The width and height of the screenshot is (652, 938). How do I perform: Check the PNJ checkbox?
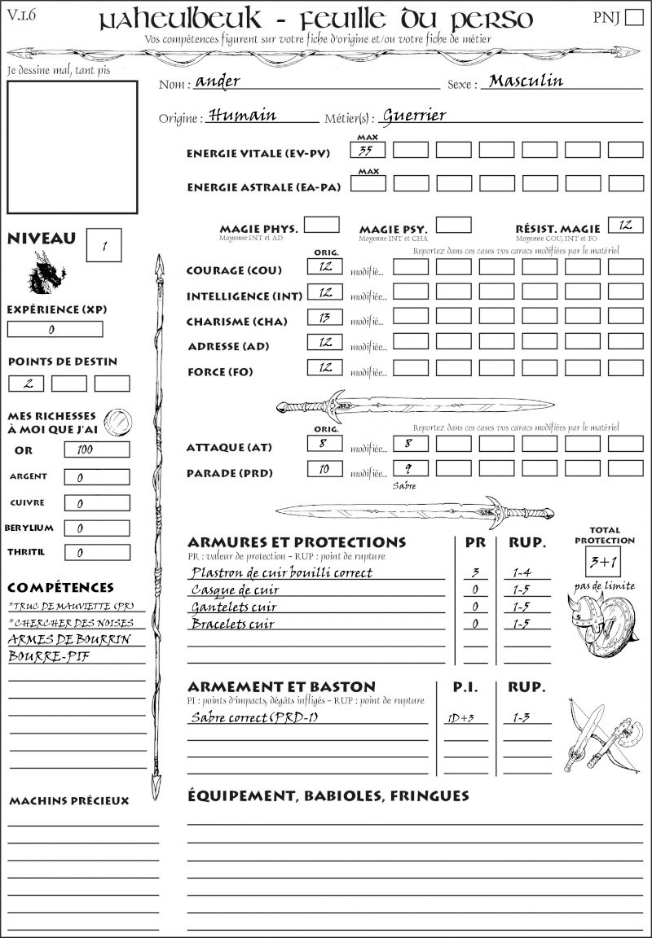632,19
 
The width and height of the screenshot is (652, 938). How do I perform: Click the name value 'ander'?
218,82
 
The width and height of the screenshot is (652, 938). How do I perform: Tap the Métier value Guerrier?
414,116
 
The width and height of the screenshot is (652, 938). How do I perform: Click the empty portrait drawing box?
72,146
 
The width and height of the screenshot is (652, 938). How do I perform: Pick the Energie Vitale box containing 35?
368,151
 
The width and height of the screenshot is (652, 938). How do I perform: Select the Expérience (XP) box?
55,330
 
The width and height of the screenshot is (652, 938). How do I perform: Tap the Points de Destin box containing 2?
26,384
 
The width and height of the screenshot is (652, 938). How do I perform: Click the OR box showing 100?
96,449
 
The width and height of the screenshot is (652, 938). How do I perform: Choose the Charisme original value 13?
325,318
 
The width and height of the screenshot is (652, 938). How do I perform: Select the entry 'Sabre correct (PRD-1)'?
253,717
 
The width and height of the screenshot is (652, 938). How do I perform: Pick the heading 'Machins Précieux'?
69,801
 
